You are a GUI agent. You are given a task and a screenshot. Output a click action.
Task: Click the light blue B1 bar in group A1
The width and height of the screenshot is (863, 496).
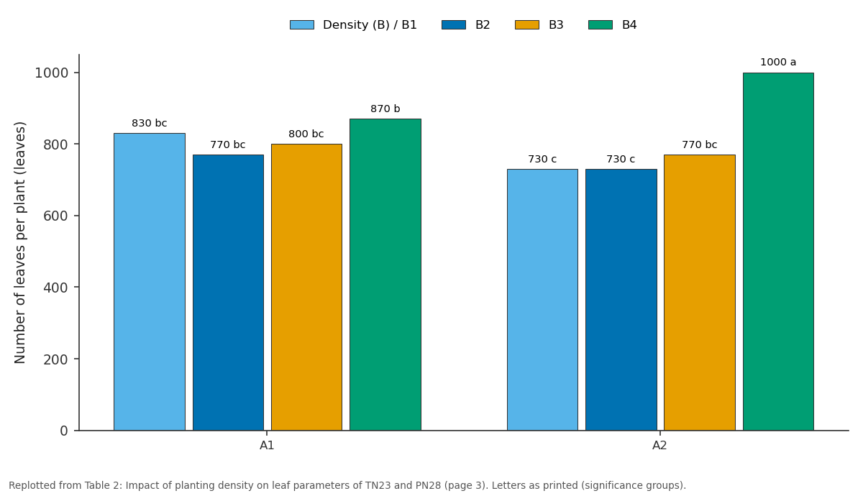[150, 282]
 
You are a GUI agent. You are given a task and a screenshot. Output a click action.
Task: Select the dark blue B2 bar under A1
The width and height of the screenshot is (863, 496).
[228, 293]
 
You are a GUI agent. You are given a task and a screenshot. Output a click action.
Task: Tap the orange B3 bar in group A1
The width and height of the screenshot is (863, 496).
[306, 287]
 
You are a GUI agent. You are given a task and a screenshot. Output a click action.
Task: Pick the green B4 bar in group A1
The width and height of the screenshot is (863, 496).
[385, 275]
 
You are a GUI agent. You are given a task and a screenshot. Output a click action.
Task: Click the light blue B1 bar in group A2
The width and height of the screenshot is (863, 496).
[542, 300]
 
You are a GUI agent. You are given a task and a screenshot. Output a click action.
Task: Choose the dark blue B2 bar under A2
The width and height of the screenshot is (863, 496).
[621, 300]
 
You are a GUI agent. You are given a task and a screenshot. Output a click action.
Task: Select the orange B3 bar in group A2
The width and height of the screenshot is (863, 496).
[700, 293]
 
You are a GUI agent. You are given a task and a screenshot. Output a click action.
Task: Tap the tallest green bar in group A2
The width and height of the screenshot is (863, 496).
[778, 252]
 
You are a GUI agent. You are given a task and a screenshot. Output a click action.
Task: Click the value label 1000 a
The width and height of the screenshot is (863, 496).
[778, 62]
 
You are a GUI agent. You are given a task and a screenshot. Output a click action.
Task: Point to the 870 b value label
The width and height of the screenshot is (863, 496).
[385, 109]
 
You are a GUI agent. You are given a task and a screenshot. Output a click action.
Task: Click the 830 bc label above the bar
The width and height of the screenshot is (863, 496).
[150, 123]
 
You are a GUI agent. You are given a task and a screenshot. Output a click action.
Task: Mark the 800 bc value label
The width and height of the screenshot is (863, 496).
[306, 134]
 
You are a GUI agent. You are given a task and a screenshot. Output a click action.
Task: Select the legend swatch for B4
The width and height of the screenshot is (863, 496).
[601, 25]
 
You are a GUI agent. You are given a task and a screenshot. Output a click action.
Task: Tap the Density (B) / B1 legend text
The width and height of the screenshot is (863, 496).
[370, 25]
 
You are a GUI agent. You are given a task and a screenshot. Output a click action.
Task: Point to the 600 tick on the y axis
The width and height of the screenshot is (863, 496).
[57, 216]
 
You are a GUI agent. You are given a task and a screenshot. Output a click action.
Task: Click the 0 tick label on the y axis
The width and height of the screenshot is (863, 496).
[64, 431]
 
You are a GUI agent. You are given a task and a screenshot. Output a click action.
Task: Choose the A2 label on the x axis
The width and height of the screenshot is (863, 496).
[659, 446]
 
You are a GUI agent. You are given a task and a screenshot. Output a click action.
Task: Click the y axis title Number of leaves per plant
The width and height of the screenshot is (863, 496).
[19, 243]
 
